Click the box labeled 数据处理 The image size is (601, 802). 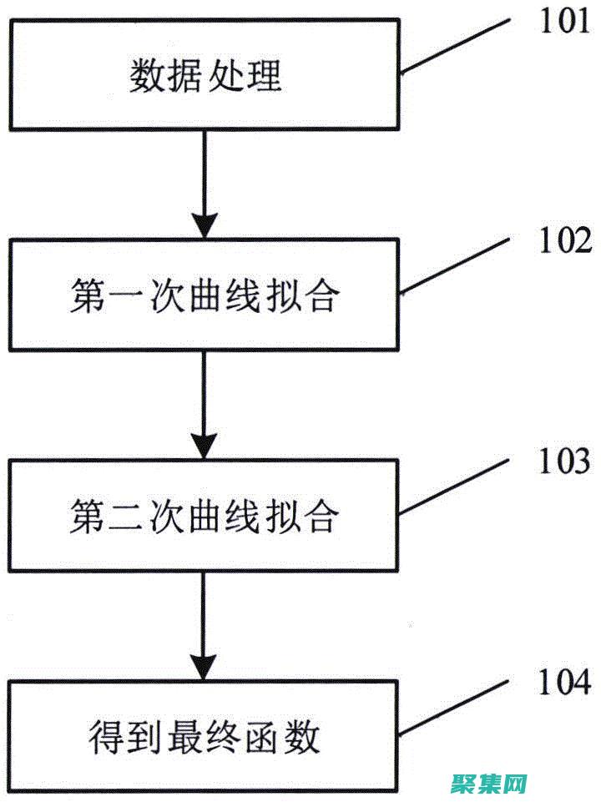pos(205,77)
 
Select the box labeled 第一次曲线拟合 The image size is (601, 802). pos(205,295)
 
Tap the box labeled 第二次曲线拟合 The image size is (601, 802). pos(205,515)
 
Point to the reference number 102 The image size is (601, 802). pos(564,242)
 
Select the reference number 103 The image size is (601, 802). pos(564,462)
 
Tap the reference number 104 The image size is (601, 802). pos(564,683)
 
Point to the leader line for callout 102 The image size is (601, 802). pos(454,266)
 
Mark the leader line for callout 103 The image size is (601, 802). pos(454,487)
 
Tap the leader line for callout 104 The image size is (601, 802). pos(454,708)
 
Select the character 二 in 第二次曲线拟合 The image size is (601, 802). pos(119,517)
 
